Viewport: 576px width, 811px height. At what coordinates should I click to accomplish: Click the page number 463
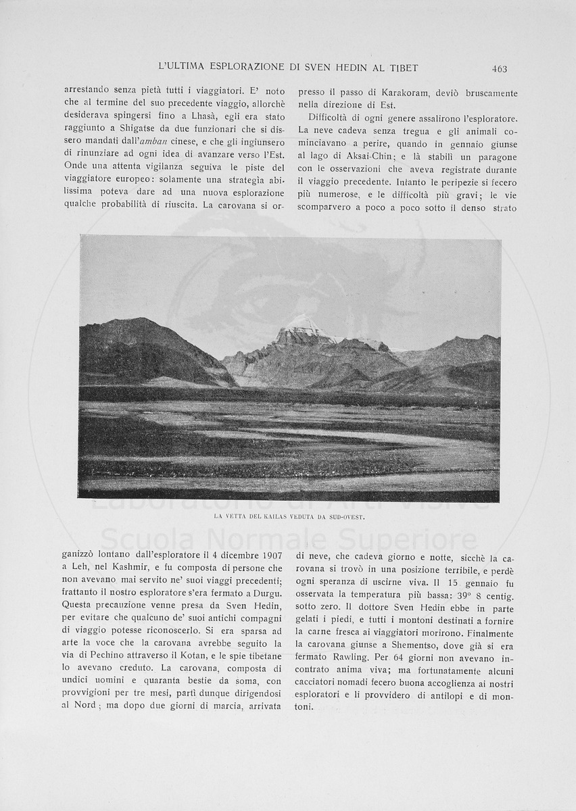pos(500,68)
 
